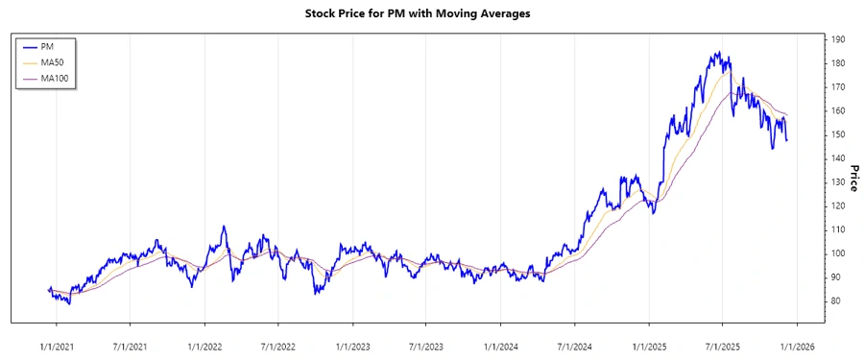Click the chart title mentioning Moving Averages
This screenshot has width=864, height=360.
click(431, 14)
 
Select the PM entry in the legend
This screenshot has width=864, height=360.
click(47, 46)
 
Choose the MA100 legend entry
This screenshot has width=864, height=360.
click(55, 78)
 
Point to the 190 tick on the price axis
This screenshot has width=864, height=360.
click(838, 39)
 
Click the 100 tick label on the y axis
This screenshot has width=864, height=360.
click(838, 253)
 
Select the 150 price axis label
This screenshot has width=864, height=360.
click(838, 134)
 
